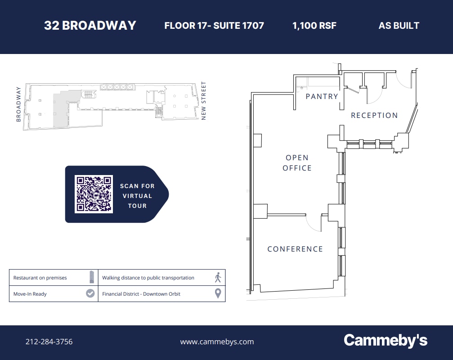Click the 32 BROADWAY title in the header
pyautogui.click(x=90, y=25)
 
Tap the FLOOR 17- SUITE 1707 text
pyautogui.click(x=214, y=25)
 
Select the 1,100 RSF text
pyautogui.click(x=314, y=25)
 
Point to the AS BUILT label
pyautogui.click(x=399, y=25)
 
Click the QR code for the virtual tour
pyautogui.click(x=94, y=194)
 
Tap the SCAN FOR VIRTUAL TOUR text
pyautogui.click(x=137, y=196)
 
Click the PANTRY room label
pyautogui.click(x=322, y=96)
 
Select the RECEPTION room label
pyautogui.click(x=374, y=115)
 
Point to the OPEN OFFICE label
pyautogui.click(x=297, y=163)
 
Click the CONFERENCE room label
pyautogui.click(x=295, y=249)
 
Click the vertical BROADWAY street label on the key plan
pyautogui.click(x=18, y=104)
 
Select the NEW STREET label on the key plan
pyautogui.click(x=204, y=100)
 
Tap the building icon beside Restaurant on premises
pyautogui.click(x=91, y=277)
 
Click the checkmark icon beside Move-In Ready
pyautogui.click(x=90, y=293)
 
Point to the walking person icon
pyautogui.click(x=218, y=277)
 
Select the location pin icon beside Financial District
pyautogui.click(x=218, y=293)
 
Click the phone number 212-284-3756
pyautogui.click(x=49, y=342)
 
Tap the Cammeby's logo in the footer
pyautogui.click(x=385, y=341)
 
